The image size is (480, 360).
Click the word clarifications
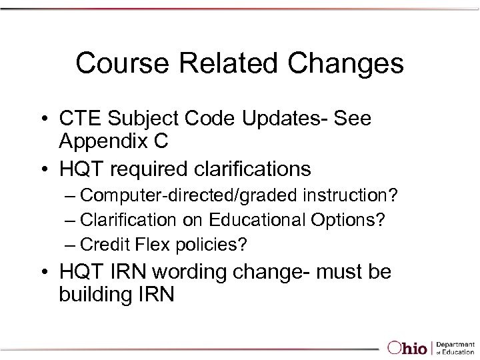click(x=243, y=169)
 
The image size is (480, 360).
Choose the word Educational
click(x=265, y=221)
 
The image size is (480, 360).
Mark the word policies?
click(x=211, y=245)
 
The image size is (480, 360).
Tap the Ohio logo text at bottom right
click(x=409, y=347)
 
